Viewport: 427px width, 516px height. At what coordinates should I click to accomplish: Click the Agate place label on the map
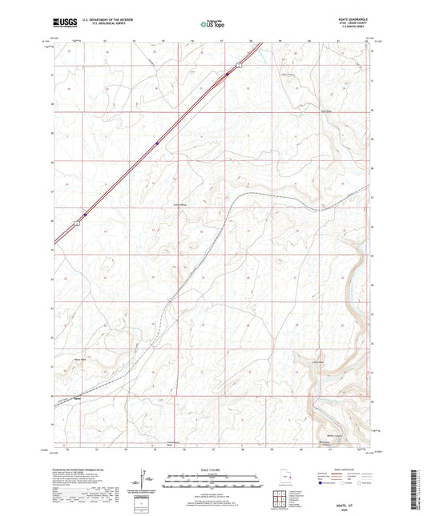coord(78,397)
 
